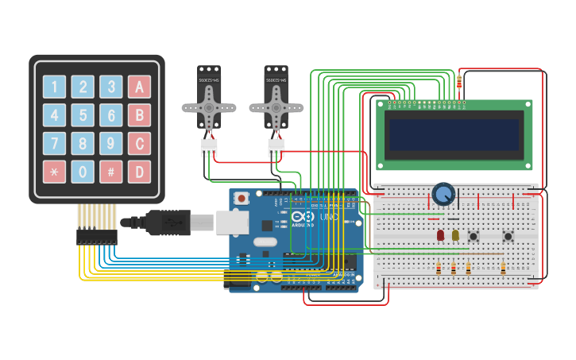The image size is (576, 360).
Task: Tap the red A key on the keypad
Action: (x=139, y=87)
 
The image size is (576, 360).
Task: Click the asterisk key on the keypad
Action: (x=54, y=172)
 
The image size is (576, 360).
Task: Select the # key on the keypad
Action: (x=111, y=172)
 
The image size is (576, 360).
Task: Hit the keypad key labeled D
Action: (x=139, y=172)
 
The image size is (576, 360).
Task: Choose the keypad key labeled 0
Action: (x=83, y=172)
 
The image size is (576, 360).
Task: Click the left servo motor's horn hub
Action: (x=209, y=106)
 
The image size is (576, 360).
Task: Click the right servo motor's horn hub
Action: (x=276, y=106)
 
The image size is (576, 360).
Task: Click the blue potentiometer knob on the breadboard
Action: (x=443, y=194)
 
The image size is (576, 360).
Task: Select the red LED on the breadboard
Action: (x=440, y=235)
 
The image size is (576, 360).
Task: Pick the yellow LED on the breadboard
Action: (x=455, y=235)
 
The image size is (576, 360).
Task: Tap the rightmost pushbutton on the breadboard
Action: (x=508, y=236)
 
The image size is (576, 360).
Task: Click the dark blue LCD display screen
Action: (x=454, y=134)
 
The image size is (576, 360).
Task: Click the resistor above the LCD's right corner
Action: (x=461, y=80)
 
